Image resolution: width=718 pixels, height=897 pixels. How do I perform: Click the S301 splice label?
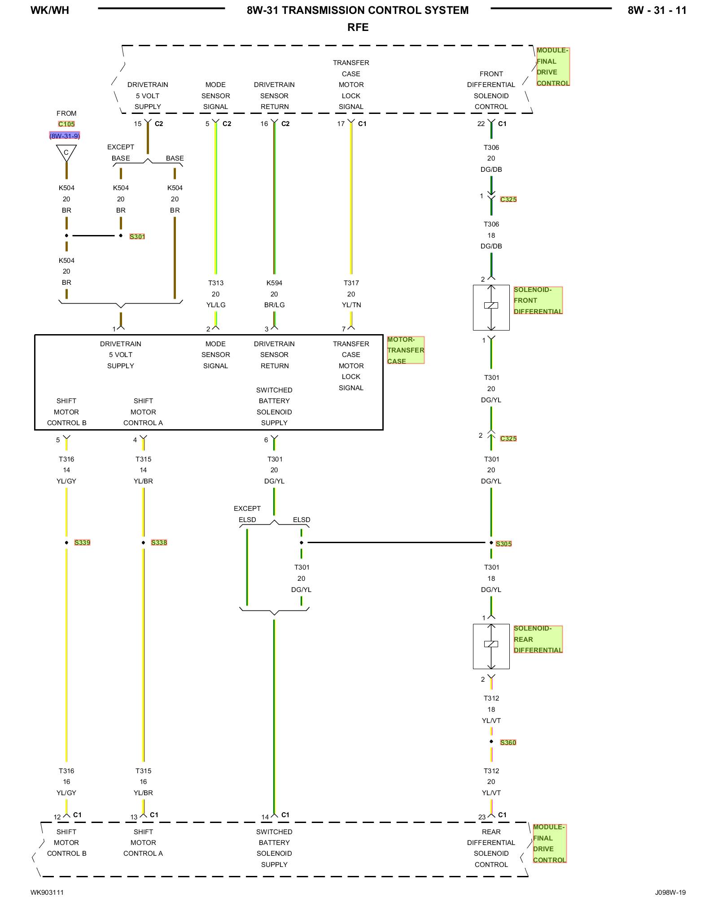(x=137, y=236)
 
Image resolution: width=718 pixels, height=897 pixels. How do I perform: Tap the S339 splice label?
(x=82, y=542)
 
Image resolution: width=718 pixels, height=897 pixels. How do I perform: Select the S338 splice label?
(x=159, y=542)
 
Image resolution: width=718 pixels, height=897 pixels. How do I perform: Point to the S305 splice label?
(x=503, y=544)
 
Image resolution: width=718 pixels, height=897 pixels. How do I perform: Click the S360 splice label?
(x=508, y=742)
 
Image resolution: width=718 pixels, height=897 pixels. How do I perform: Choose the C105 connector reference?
(x=66, y=124)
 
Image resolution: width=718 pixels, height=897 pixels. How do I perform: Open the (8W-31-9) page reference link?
(x=65, y=136)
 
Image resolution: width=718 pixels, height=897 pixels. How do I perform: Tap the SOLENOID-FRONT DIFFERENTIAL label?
(x=538, y=300)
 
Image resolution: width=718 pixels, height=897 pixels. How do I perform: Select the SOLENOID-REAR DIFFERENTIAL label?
(x=538, y=639)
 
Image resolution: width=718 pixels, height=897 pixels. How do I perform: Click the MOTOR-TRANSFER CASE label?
(x=405, y=350)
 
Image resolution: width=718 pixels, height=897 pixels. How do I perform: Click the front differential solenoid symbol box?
(x=491, y=307)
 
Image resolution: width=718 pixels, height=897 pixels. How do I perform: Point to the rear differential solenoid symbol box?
(x=491, y=646)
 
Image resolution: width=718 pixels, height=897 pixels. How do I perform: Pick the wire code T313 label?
(x=216, y=283)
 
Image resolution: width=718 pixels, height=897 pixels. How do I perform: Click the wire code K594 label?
(x=274, y=283)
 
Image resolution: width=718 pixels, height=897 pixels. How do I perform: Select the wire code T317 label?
(x=351, y=283)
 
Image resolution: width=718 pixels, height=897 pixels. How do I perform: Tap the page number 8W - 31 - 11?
(x=657, y=10)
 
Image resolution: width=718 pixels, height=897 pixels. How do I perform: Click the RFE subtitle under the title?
(x=358, y=27)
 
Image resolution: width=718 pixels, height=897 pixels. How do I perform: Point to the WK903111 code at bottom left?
(x=47, y=892)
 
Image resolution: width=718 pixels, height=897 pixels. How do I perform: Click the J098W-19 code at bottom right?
(x=670, y=892)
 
